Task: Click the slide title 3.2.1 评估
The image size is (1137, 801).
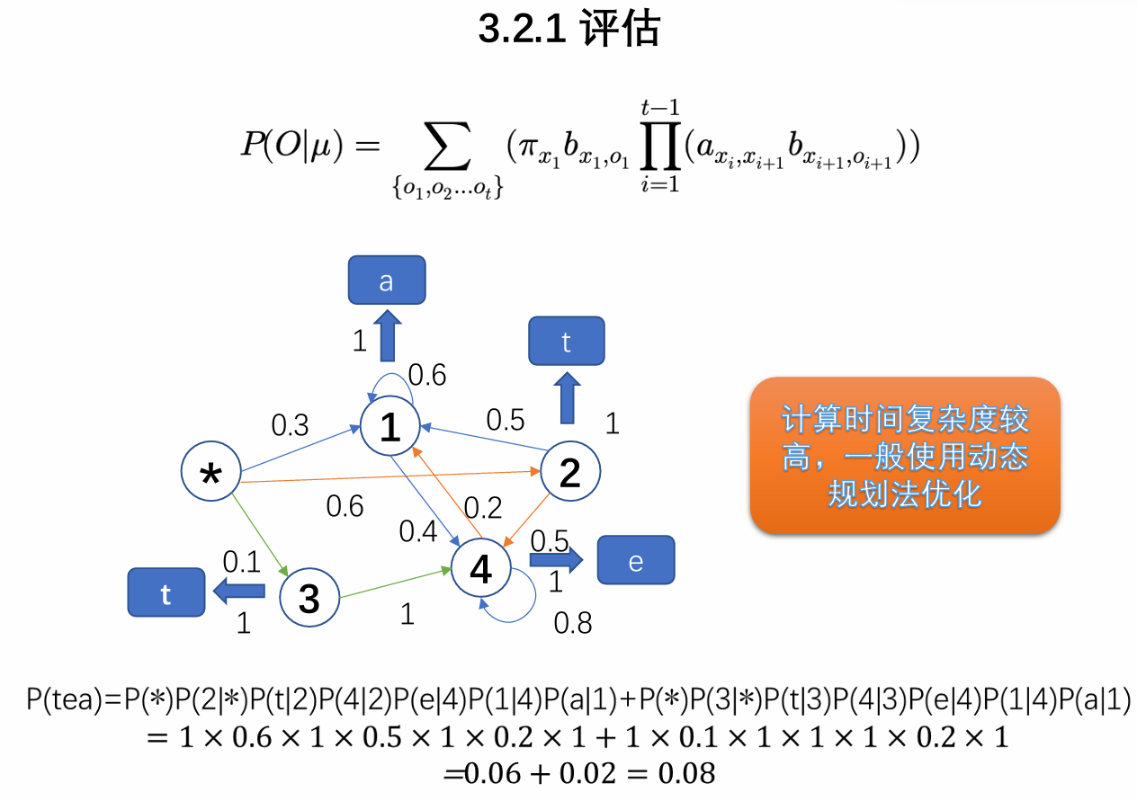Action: point(568,30)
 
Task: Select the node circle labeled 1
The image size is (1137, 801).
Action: point(390,426)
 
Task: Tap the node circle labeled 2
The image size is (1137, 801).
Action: point(569,471)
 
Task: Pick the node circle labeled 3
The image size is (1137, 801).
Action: point(309,597)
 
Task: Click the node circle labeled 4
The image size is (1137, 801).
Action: point(481,568)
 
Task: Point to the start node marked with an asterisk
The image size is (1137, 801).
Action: point(211,472)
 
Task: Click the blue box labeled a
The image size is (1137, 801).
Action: point(387,280)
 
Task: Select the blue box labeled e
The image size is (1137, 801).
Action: point(636,561)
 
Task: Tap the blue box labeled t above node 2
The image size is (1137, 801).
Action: point(567,341)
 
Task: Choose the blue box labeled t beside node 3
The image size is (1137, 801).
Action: point(166,593)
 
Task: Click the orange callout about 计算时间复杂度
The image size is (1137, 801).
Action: point(905,456)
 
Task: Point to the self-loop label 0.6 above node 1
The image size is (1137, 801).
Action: point(427,374)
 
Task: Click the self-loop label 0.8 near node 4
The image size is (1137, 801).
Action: point(573,622)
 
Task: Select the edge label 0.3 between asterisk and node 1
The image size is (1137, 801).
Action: point(291,423)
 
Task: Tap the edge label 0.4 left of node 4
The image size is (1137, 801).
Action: point(418,532)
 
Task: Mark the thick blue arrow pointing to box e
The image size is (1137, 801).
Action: point(555,560)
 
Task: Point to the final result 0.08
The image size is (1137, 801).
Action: point(687,772)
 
